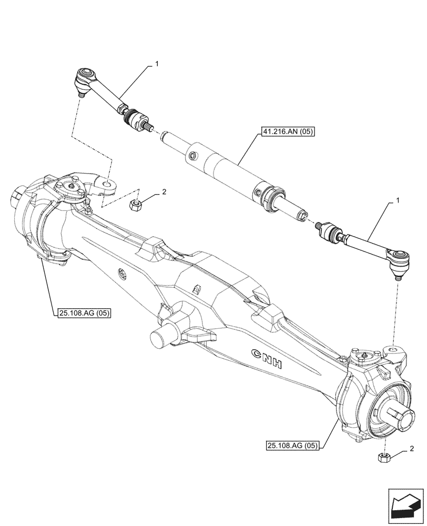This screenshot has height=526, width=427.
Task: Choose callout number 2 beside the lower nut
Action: [x=411, y=448]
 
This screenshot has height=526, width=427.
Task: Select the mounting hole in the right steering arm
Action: [x=392, y=349]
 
